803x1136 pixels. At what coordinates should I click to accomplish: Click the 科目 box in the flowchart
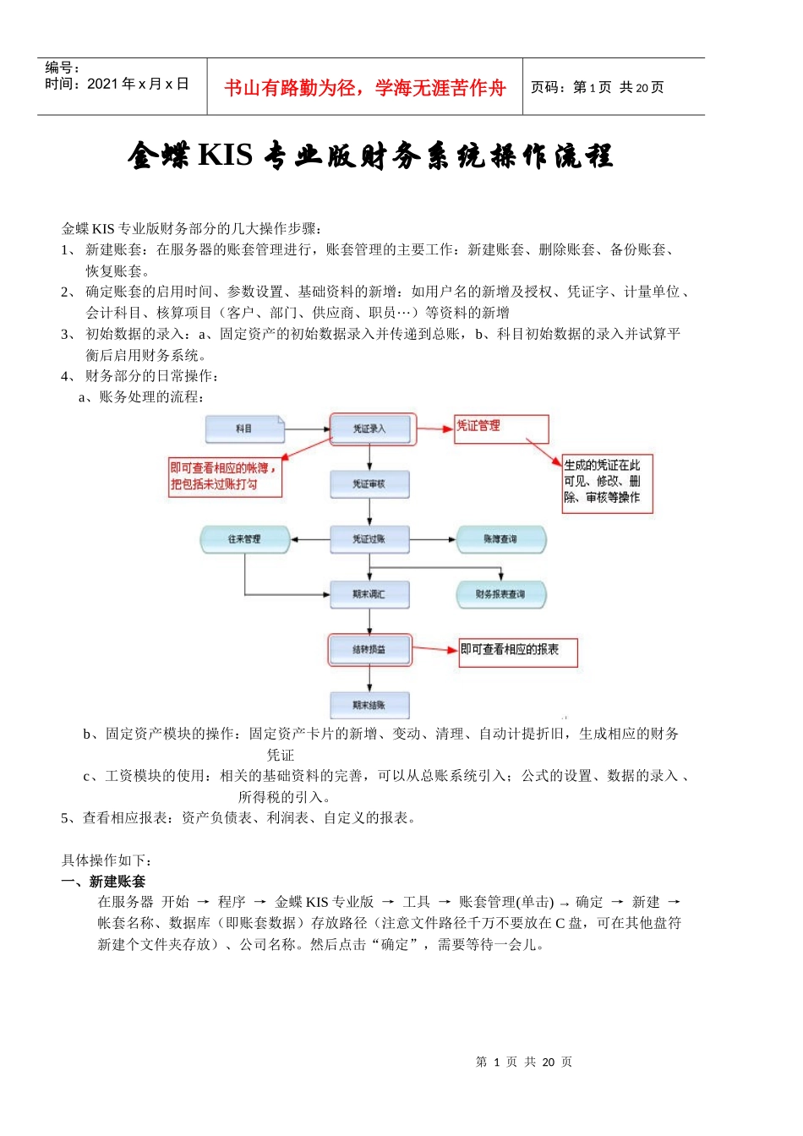pos(244,429)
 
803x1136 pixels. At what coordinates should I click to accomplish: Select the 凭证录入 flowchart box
pos(369,429)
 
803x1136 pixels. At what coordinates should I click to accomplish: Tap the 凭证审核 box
pos(369,484)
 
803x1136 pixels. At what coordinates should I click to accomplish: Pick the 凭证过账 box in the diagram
pos(369,539)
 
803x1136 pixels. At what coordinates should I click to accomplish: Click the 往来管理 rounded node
pos(245,539)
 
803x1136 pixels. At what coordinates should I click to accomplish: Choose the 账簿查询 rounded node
pos(500,539)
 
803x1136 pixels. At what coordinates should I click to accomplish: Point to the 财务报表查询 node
pos(500,594)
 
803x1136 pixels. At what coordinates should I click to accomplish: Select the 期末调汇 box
pos(369,594)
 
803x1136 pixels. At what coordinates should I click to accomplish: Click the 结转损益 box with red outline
pos(369,649)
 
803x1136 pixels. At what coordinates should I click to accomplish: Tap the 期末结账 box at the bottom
pos(369,705)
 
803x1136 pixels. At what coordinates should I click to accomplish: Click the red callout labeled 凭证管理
pos(501,429)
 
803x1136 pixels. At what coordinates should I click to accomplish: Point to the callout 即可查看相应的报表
pos(519,652)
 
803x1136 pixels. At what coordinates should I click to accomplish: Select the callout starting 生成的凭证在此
pos(607,482)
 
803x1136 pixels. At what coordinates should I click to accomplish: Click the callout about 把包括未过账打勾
pos(225,477)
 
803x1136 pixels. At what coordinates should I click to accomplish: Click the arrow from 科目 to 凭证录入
pos(306,429)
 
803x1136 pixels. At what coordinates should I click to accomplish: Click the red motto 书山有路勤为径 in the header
pos(365,88)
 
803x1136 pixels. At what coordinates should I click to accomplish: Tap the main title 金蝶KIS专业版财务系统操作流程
pos(370,156)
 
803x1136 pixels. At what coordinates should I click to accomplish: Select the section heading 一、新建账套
pos(103,881)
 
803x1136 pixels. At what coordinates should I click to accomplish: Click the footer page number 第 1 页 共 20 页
pos(524,1062)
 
